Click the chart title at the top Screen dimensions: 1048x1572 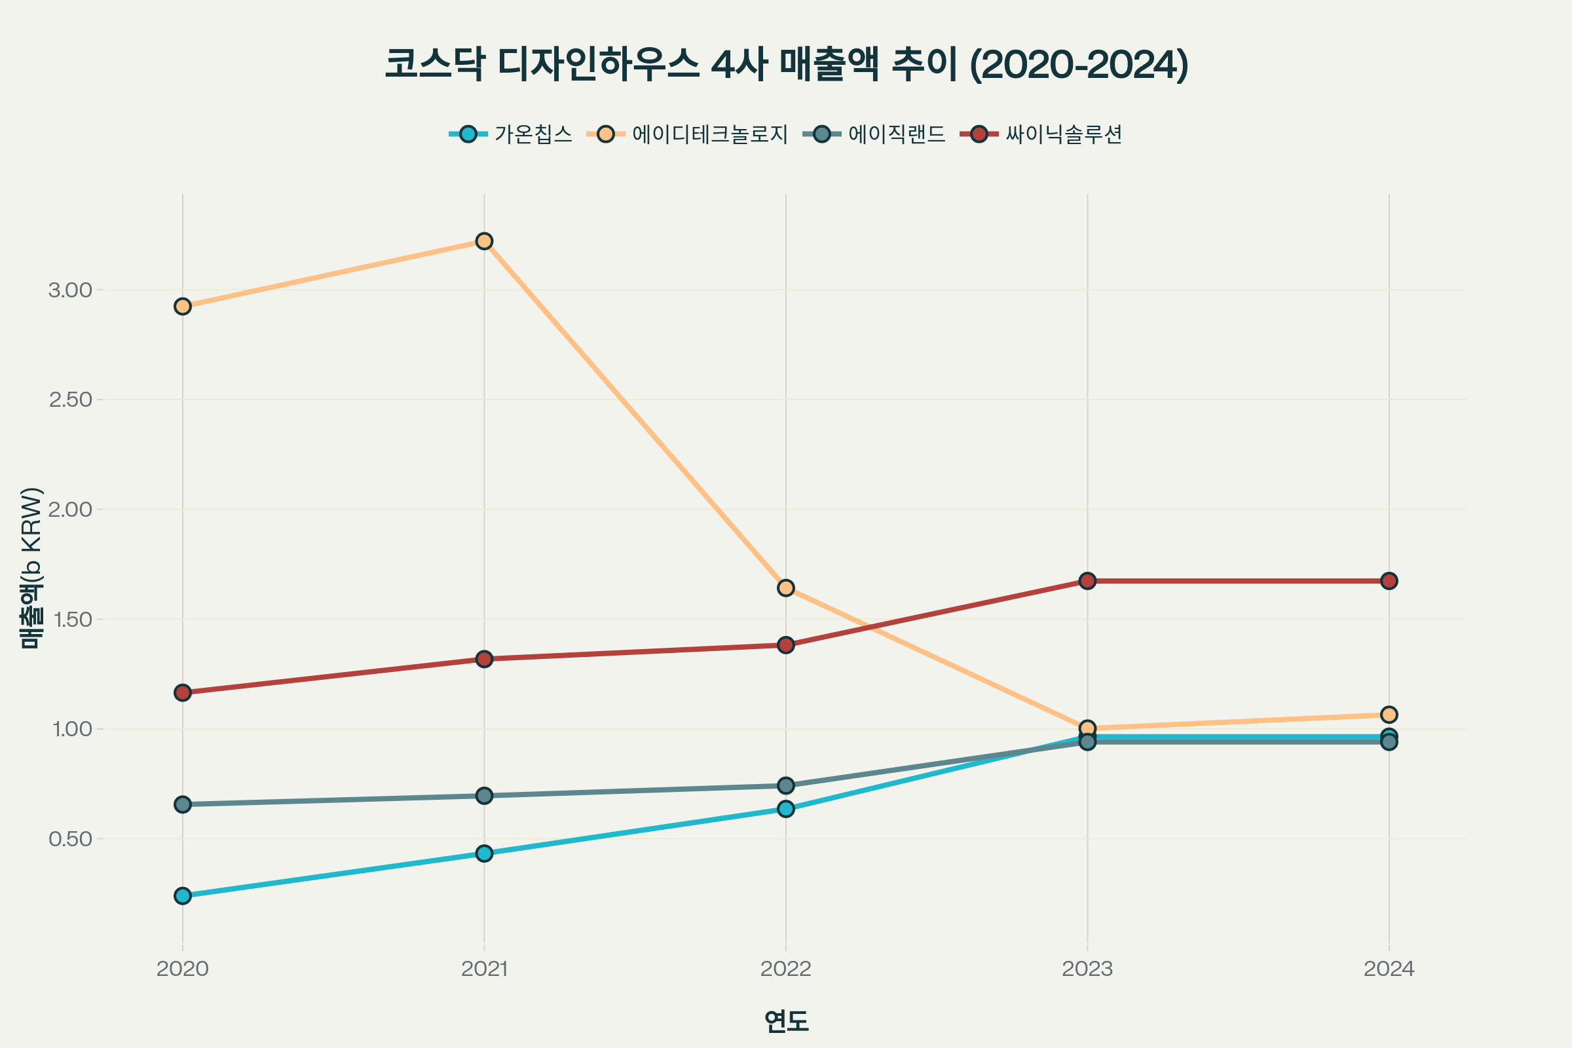point(786,65)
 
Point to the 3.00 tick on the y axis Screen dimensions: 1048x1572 point(70,290)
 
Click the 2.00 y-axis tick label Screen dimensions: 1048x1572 point(70,510)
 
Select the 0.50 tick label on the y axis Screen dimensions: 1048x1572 point(70,839)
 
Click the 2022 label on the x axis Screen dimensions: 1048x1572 point(786,969)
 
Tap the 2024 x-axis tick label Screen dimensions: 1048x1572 point(1389,969)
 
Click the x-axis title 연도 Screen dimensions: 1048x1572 point(786,1021)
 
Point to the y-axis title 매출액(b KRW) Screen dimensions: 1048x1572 point(31,568)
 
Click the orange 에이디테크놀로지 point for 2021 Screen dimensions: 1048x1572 point(485,240)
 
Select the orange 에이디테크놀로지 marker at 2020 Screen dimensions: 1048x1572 point(183,307)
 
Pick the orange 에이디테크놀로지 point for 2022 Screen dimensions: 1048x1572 point(786,588)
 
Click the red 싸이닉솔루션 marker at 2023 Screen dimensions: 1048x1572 point(1087,581)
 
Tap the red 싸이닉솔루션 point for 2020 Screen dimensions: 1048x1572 point(183,692)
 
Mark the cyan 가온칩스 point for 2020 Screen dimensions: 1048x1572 point(183,895)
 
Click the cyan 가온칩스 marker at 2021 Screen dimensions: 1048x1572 point(485,853)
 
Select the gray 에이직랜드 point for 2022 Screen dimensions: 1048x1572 point(786,785)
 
